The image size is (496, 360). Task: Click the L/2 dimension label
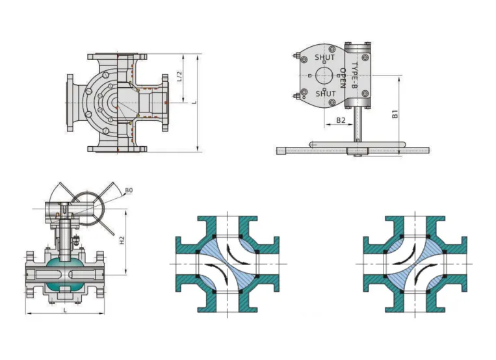[179, 76]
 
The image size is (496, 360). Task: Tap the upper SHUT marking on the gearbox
[324, 57]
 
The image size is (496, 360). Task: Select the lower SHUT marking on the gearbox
[326, 94]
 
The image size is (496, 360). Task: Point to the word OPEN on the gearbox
[343, 78]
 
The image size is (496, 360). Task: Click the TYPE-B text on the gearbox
[354, 75]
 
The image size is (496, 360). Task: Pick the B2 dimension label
[341, 120]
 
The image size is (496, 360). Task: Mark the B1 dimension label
[395, 114]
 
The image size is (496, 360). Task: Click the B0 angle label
[129, 190]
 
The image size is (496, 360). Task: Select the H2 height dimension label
[122, 240]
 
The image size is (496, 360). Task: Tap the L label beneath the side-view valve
[65, 311]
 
